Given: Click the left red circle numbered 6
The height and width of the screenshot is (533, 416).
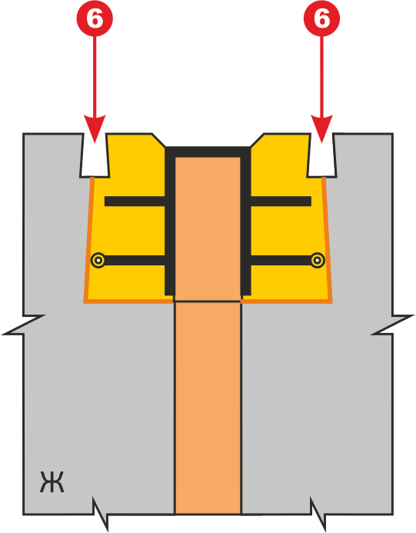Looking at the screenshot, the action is (x=95, y=18).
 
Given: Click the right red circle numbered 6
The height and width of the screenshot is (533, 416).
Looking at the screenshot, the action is (x=321, y=18).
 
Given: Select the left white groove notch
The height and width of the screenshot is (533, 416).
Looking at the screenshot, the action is (x=95, y=155).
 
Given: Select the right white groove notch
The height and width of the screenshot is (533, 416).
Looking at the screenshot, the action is (x=322, y=155).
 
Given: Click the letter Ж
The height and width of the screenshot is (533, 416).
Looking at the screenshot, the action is (x=52, y=481).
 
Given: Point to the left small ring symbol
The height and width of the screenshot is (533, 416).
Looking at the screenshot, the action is (x=98, y=261).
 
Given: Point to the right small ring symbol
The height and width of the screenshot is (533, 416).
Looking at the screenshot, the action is (x=318, y=261).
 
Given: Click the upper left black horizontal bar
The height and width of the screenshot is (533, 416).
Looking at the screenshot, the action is (x=135, y=202).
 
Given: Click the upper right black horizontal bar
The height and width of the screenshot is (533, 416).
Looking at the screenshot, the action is (x=281, y=202).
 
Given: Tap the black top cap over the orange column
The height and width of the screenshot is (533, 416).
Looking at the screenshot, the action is (x=208, y=152).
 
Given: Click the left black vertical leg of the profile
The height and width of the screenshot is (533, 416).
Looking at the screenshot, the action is (x=170, y=221).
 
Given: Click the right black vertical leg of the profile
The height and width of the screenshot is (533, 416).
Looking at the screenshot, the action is (x=246, y=221).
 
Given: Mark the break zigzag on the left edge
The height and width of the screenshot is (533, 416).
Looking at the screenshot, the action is (x=23, y=325).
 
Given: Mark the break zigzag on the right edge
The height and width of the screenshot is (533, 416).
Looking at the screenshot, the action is (x=392, y=325).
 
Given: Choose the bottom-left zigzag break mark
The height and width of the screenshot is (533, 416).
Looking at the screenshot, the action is (x=101, y=514).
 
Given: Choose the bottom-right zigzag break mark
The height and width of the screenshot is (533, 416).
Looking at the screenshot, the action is (x=318, y=514).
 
